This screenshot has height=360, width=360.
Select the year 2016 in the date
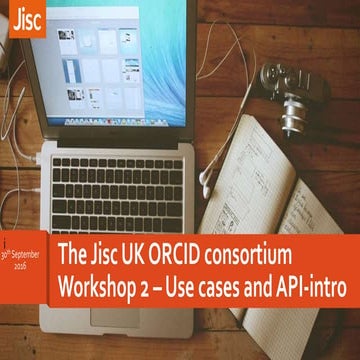click(x=25, y=270)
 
